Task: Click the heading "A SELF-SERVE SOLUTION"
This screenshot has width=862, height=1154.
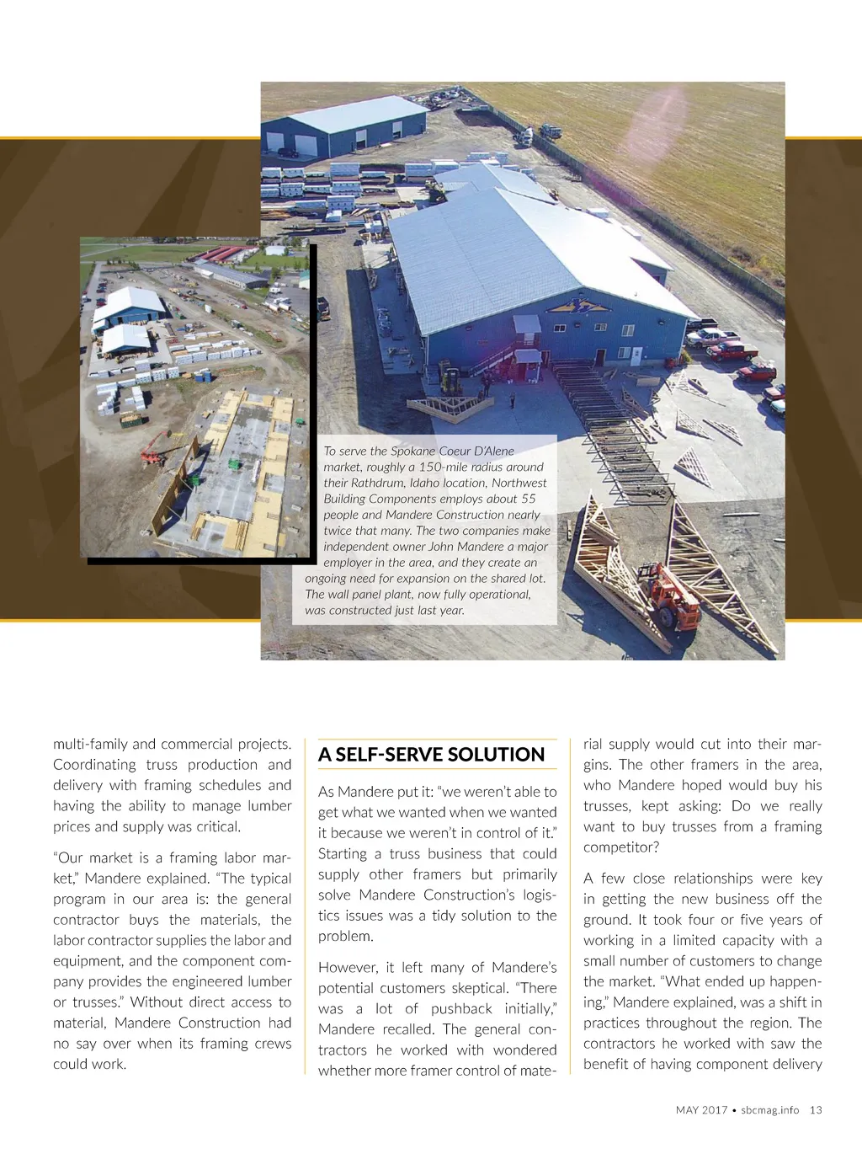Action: point(431,755)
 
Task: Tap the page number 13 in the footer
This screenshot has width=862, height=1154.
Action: point(816,1110)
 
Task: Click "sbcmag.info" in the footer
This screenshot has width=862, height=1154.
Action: point(769,1110)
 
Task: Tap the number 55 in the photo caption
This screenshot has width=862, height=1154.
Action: point(528,499)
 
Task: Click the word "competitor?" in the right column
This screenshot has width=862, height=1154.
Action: point(621,847)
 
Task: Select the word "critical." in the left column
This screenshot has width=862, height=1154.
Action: point(218,826)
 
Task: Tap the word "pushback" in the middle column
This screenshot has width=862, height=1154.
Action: point(461,1009)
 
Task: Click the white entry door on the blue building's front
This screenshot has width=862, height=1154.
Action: point(636,355)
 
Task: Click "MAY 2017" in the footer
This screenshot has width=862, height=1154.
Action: point(701,1110)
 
